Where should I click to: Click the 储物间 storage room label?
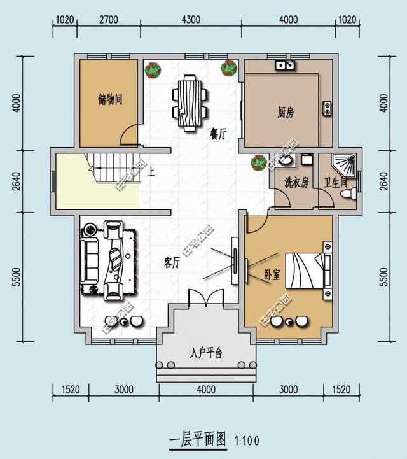(109, 100)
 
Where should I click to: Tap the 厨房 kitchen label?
(286, 113)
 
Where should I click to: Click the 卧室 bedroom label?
(272, 275)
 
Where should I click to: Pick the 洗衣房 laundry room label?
(296, 183)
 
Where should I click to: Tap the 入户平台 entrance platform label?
(205, 353)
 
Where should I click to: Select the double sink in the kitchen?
(285, 65)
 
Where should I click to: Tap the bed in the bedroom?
(308, 272)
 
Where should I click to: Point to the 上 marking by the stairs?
(151, 171)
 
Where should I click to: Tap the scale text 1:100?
(247, 440)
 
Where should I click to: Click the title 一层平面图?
(198, 439)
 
